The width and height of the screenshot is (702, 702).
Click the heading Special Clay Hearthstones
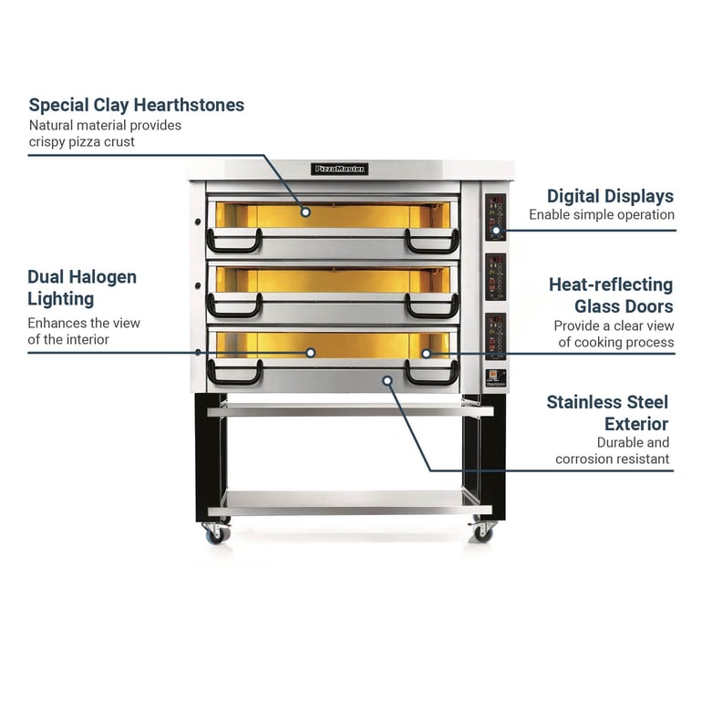coord(137,105)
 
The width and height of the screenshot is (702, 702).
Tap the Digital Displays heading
coord(610,196)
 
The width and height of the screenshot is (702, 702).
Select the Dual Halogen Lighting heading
coord(82,287)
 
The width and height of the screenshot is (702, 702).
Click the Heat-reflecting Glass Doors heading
coord(610,294)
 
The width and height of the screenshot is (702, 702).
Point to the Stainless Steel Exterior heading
coord(607,412)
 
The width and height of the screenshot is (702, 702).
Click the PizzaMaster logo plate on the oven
coord(340,169)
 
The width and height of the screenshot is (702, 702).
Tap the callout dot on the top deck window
coord(305,212)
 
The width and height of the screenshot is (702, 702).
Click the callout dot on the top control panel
coord(496,230)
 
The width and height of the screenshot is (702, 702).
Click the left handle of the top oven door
coord(234,242)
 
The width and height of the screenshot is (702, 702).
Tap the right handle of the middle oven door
coord(432,307)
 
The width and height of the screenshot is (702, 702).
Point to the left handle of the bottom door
coord(234,373)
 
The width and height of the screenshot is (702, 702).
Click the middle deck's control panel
coord(495,277)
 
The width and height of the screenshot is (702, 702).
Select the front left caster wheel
coord(217,533)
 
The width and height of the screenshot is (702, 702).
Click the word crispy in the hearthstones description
coord(47,141)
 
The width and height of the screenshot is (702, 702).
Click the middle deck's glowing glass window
coord(333,280)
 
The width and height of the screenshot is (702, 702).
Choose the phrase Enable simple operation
coord(602,215)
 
